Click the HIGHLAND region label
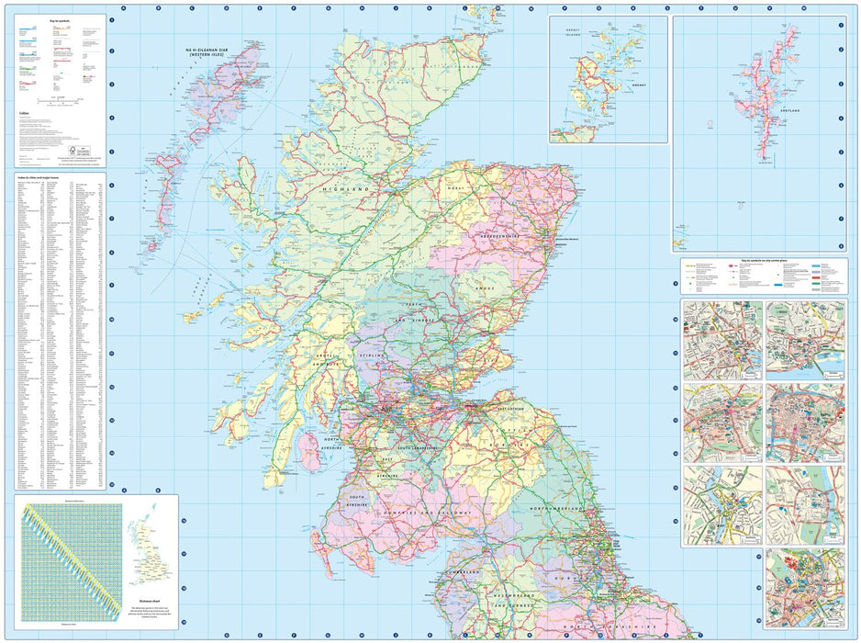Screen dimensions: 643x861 (345, 188)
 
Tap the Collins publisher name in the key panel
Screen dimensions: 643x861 (25, 113)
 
